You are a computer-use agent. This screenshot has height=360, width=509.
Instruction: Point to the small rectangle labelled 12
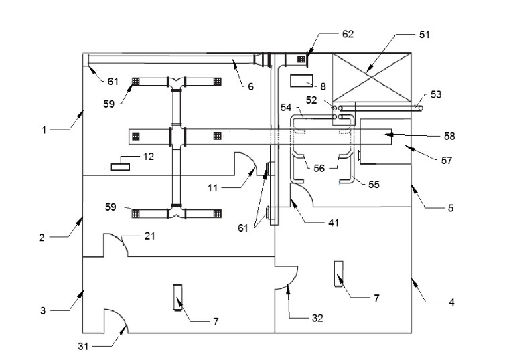tap(121, 165)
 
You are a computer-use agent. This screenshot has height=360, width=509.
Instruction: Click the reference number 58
tap(449, 136)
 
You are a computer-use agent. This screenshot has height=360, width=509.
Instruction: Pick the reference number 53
tap(436, 95)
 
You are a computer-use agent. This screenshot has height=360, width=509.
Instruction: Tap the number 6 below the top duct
tap(250, 86)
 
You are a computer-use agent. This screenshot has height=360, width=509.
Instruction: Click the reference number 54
tap(285, 107)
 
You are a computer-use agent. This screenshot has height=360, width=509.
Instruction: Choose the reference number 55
tap(374, 184)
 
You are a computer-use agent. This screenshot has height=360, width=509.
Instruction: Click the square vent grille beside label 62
tap(301, 59)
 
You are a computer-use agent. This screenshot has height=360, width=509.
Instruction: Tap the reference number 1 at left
tap(44, 130)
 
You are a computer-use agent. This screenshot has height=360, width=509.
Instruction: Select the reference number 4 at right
tap(451, 302)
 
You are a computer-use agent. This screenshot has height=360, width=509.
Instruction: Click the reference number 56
tap(319, 169)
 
